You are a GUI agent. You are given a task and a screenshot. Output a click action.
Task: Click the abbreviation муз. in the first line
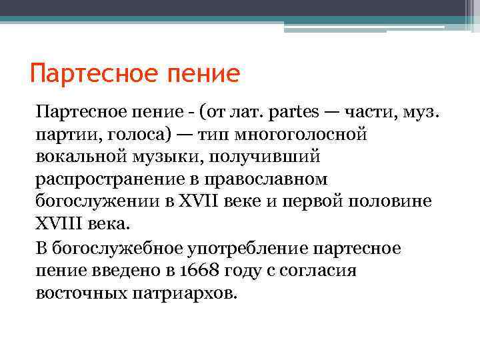[x=422, y=110]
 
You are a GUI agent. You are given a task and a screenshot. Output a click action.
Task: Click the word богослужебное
[x=115, y=249]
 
